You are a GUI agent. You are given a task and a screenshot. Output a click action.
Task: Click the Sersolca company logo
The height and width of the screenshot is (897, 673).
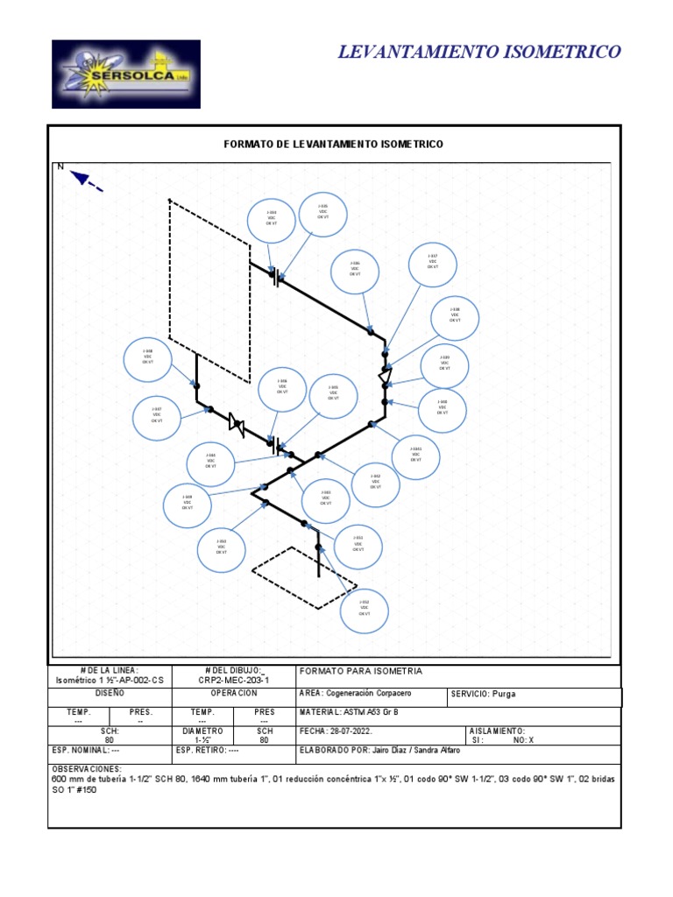click(x=125, y=74)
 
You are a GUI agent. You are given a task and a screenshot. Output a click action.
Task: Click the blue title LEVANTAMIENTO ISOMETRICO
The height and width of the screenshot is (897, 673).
click(x=479, y=53)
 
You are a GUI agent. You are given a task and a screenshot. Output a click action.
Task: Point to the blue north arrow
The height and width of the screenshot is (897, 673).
click(x=87, y=180)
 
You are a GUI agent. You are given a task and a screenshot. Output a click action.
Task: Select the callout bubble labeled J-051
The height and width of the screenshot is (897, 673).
click(x=358, y=544)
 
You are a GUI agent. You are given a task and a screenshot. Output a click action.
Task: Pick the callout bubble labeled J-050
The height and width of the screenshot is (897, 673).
click(x=222, y=547)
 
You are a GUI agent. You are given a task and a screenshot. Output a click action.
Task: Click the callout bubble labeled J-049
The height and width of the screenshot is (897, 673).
click(x=188, y=504)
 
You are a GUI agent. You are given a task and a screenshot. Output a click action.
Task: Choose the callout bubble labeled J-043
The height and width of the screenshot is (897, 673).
click(x=325, y=498)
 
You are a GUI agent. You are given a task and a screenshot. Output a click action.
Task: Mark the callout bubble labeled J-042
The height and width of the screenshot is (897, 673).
click(x=375, y=482)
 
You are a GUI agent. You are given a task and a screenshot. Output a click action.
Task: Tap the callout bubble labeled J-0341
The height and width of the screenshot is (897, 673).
click(x=415, y=453)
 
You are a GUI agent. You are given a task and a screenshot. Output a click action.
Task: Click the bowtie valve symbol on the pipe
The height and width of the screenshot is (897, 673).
click(x=235, y=423)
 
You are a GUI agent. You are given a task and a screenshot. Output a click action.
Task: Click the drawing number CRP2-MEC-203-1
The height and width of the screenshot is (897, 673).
click(x=234, y=680)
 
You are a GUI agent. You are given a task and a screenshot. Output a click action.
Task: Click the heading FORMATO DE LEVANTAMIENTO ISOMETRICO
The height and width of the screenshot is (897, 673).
click(x=334, y=143)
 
